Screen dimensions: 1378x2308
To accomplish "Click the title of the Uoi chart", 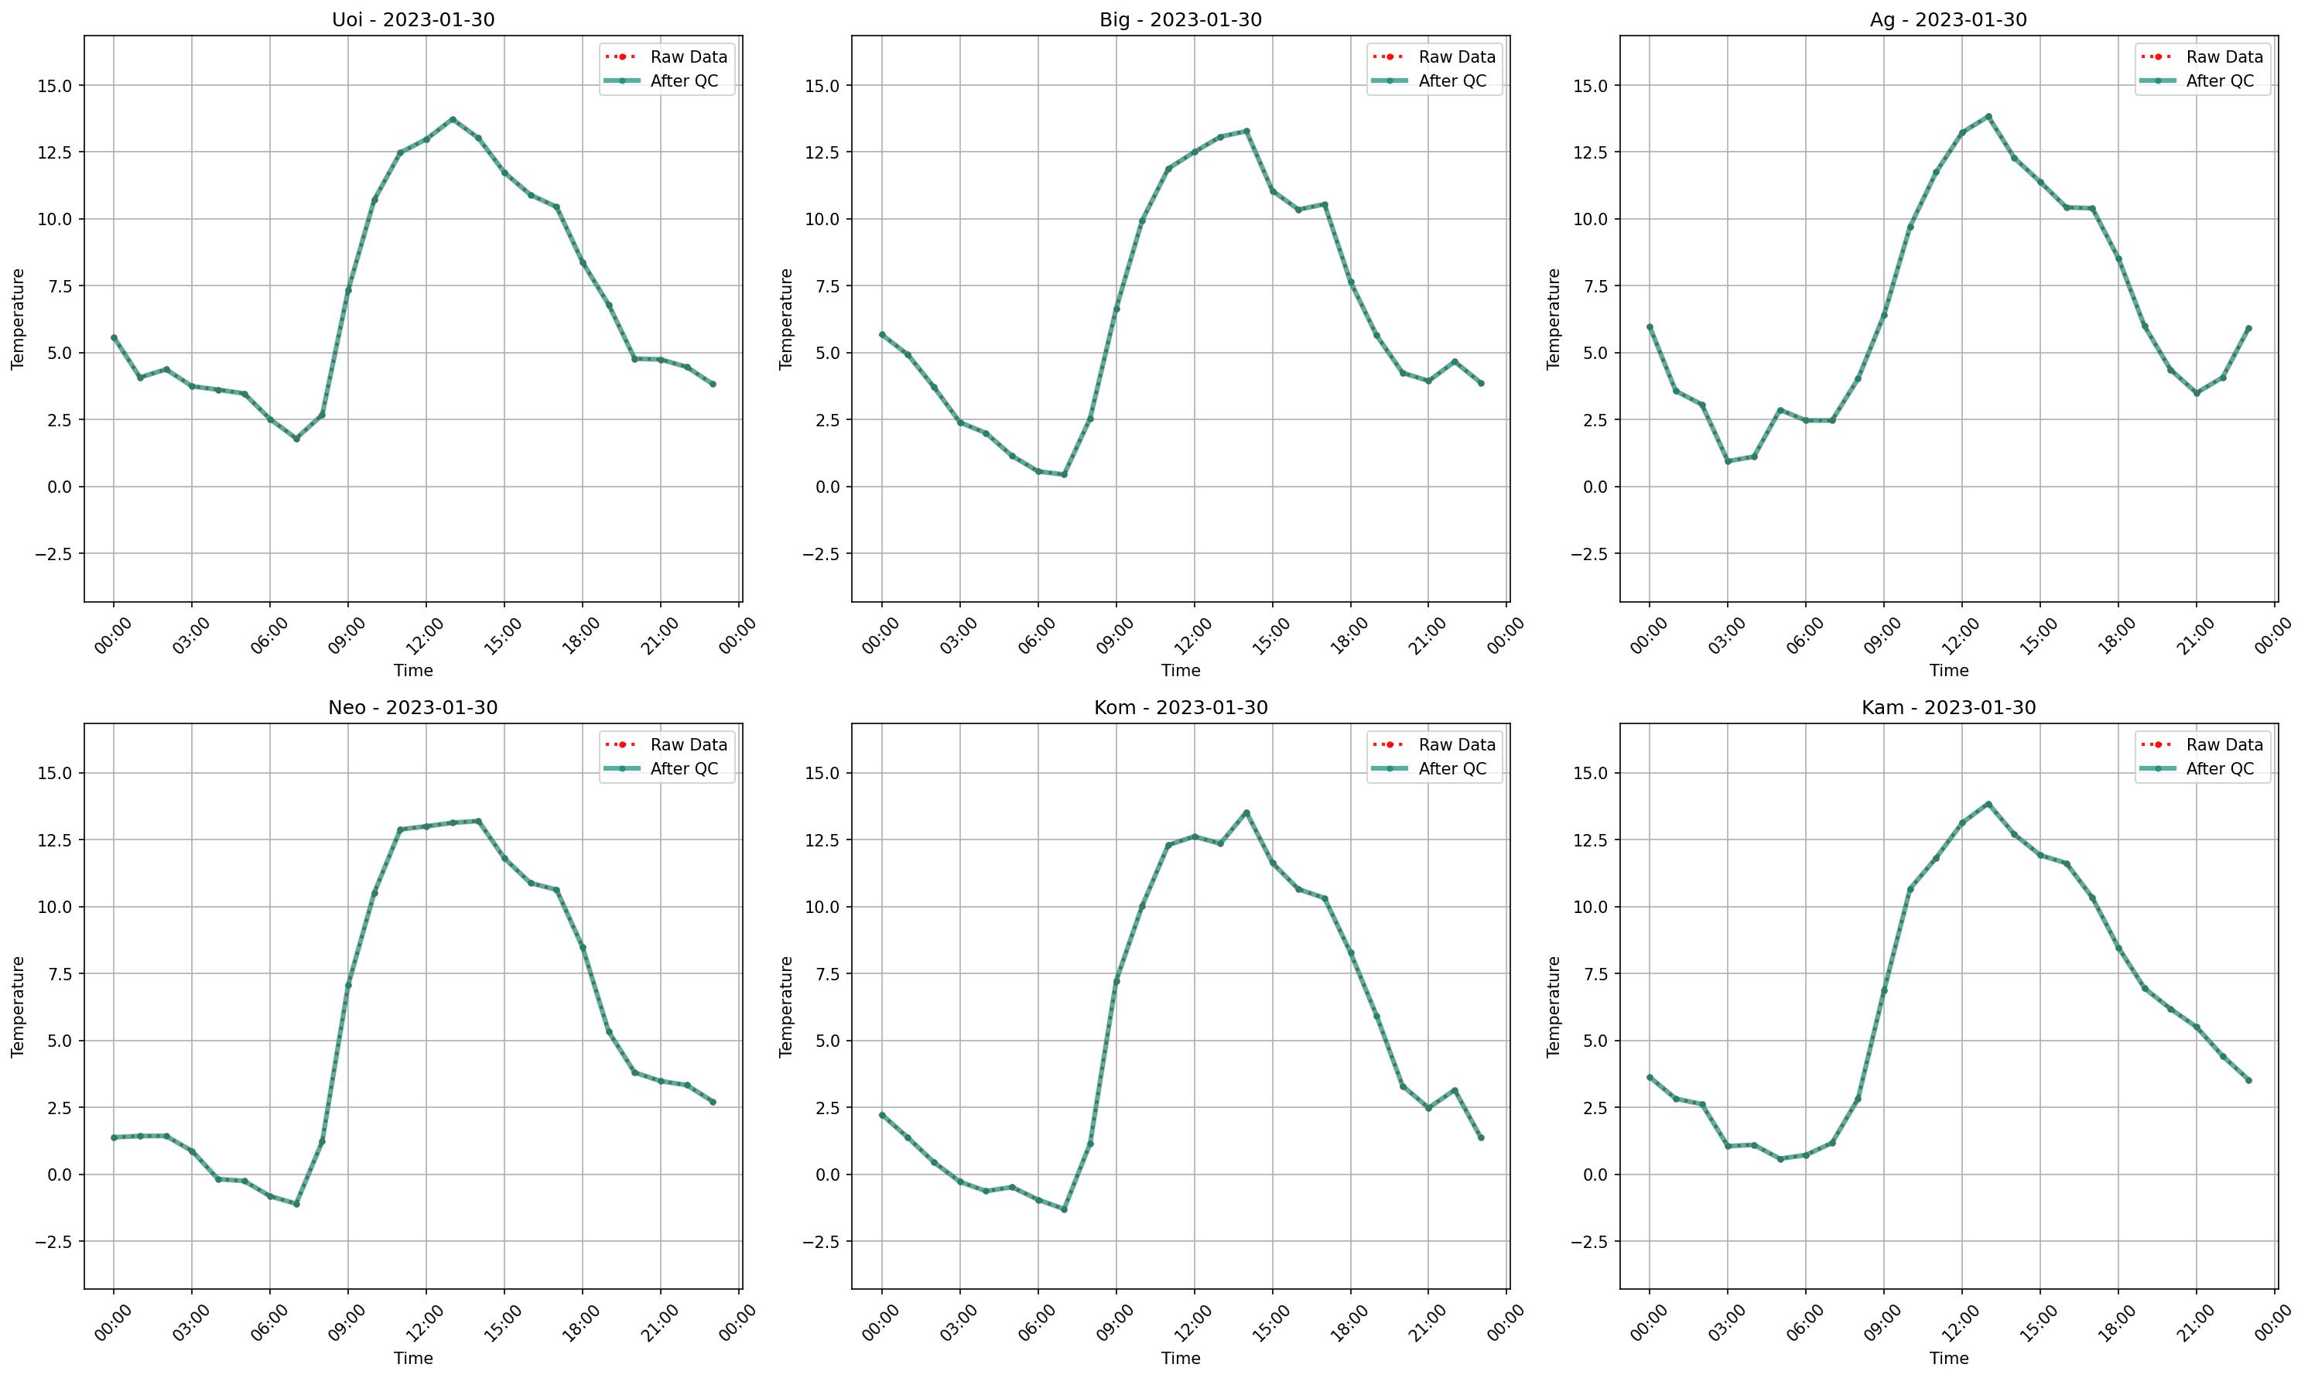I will tap(413, 20).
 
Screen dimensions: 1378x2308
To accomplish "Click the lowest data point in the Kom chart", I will tap(1064, 1209).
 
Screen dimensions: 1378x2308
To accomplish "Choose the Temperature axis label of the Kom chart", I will tap(786, 1007).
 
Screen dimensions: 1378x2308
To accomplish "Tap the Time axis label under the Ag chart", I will tap(1949, 670).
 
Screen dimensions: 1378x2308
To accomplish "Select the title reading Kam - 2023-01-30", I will tap(1949, 709).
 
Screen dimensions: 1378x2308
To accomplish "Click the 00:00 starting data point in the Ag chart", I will tap(1650, 327).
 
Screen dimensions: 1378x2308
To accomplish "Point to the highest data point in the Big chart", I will tap(1246, 131).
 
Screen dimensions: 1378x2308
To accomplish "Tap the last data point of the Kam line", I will tap(2248, 1080).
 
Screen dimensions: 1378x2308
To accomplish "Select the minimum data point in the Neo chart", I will tap(296, 1205).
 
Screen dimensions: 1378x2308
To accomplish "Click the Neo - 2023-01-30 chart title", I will tap(413, 709).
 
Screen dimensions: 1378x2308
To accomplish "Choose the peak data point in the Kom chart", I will tap(1246, 812).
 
